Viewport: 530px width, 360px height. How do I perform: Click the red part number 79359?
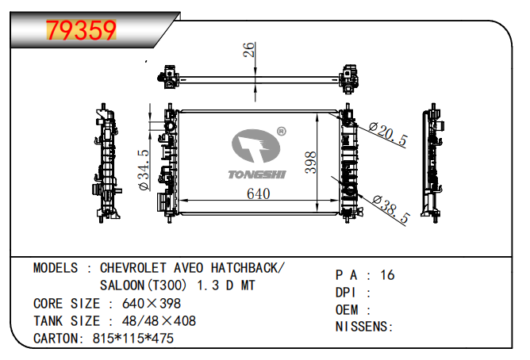coord(81,30)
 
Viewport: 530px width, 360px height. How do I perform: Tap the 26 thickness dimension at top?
coord(249,50)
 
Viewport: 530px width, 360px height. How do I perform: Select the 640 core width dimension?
coord(258,193)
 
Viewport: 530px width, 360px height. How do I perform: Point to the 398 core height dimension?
coord(310,163)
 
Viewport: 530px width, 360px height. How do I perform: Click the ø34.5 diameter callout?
coord(144,170)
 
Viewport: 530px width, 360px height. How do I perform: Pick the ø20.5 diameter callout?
coord(388,134)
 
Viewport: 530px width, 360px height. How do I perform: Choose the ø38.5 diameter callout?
coord(391,209)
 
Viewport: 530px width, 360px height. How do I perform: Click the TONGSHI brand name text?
coord(257,174)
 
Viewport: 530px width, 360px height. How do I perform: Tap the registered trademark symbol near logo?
coord(281,132)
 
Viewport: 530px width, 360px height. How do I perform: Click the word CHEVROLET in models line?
coord(132,268)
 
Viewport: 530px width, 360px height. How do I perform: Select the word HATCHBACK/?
coord(248,268)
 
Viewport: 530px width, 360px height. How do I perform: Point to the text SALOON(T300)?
coord(143,285)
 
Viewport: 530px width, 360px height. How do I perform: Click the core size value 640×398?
coord(152,304)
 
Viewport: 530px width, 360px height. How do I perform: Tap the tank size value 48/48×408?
coord(159,321)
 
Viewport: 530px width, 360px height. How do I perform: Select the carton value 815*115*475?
coord(132,339)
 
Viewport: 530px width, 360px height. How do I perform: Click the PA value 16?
coord(387,275)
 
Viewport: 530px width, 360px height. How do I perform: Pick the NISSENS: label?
coord(364,327)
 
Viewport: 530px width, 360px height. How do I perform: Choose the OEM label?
coord(347,310)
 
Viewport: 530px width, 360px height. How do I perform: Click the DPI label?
coord(345,293)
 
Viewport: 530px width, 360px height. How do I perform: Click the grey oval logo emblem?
coord(255,146)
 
